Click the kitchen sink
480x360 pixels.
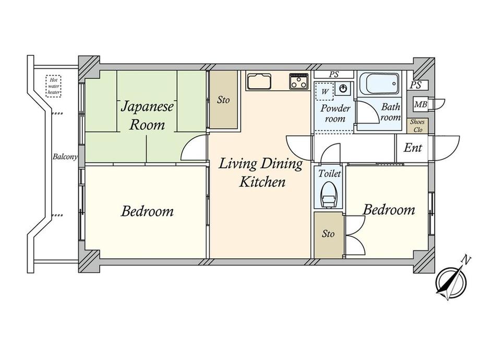259,81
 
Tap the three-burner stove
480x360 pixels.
299,81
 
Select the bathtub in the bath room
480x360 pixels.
379,83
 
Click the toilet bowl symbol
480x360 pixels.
328,195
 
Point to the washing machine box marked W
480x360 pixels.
324,91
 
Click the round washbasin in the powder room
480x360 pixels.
343,89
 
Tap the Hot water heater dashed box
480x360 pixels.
54,86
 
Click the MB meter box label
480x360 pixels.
421,104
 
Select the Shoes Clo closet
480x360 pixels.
417,126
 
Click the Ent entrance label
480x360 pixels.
413,148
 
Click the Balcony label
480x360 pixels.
65,157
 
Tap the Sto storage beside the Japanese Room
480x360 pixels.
223,100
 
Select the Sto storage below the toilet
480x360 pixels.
328,234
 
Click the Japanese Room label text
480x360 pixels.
147,116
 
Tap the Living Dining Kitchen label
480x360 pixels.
261,172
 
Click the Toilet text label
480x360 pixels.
329,174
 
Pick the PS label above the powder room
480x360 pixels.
334,75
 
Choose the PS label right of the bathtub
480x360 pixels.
416,85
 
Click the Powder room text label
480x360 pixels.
335,113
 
